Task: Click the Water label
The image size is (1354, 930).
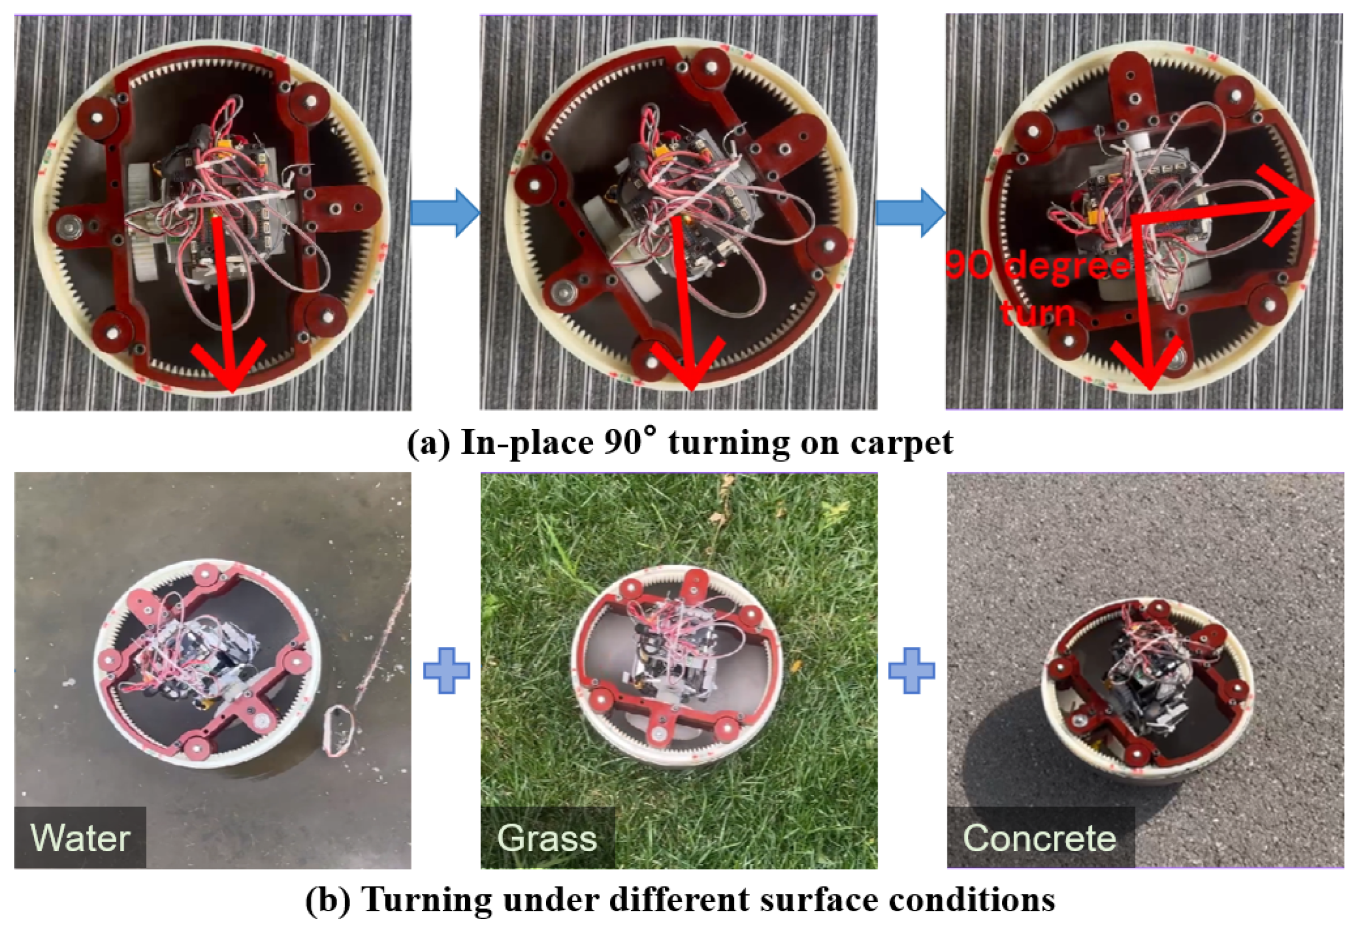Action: (80, 838)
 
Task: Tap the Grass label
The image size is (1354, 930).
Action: (547, 839)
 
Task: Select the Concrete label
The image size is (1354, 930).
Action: (1039, 838)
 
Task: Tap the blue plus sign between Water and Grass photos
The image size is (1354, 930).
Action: (446, 670)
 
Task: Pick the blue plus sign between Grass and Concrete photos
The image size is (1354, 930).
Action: (912, 670)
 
